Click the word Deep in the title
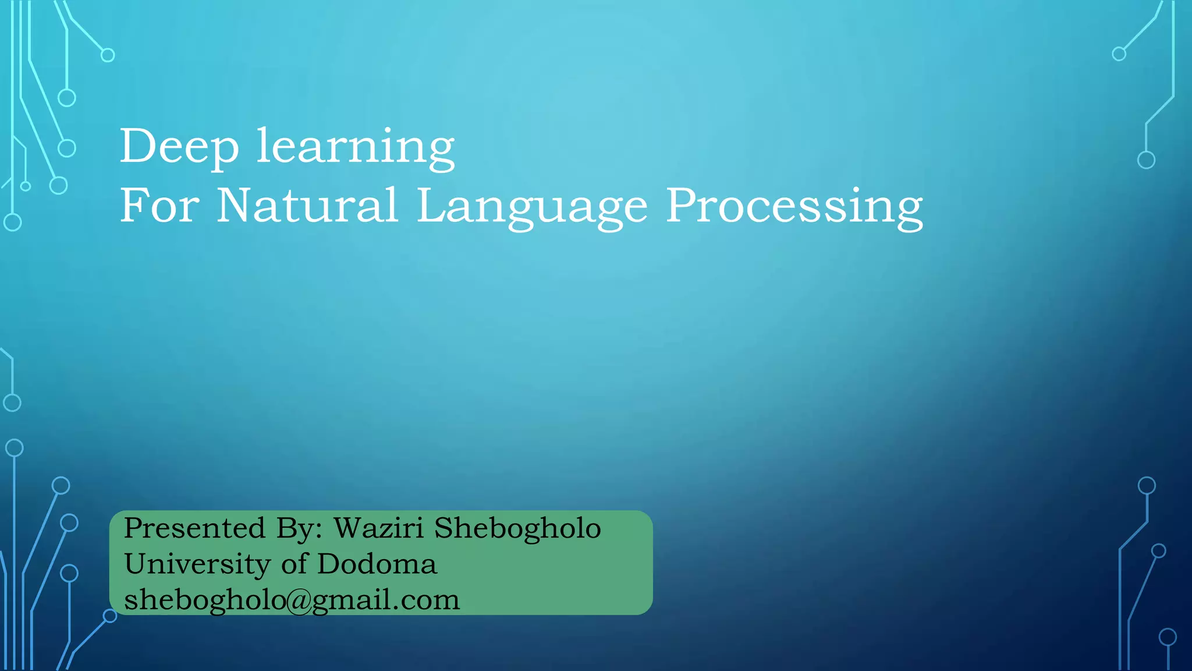(179, 147)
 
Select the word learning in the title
(356, 147)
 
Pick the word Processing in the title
(794, 207)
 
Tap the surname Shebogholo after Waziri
(517, 528)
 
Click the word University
(197, 564)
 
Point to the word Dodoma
(377, 564)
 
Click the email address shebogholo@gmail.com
(292, 600)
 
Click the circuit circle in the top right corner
(1119, 54)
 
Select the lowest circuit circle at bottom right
(1168, 637)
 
